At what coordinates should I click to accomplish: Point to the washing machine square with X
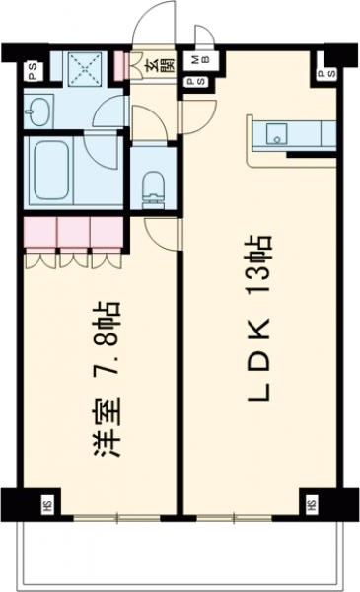click(x=84, y=66)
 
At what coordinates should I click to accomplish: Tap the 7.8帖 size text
click(x=110, y=340)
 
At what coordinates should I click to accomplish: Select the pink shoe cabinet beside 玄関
click(x=121, y=65)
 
